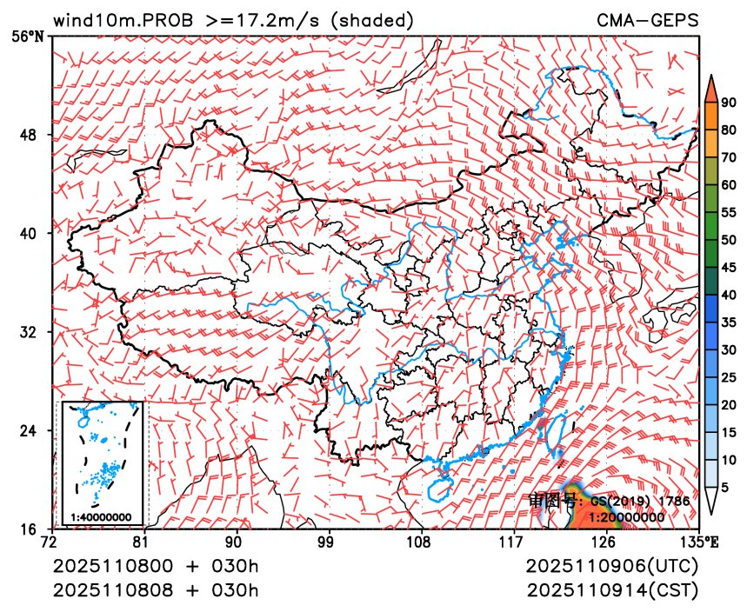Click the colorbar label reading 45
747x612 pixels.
(728, 268)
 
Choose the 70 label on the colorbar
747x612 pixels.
(728, 157)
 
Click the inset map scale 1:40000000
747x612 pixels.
(101, 517)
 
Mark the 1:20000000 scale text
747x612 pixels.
(627, 516)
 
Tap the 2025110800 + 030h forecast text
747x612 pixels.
(157, 566)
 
